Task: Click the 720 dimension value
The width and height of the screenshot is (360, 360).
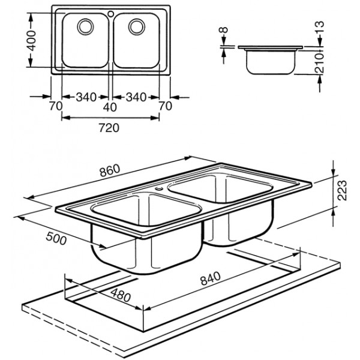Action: [112, 127]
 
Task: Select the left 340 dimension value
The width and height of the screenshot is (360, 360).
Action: [86, 97]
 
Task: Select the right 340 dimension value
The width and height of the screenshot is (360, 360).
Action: [136, 97]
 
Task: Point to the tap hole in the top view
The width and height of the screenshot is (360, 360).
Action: [110, 12]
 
